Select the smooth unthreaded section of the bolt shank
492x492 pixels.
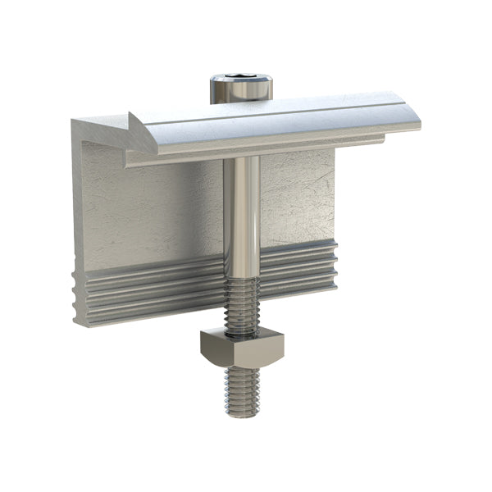(242, 213)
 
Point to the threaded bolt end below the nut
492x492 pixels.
(244, 389)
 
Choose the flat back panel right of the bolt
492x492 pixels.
(299, 197)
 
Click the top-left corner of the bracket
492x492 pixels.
(74, 123)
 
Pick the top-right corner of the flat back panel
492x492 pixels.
(334, 152)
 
